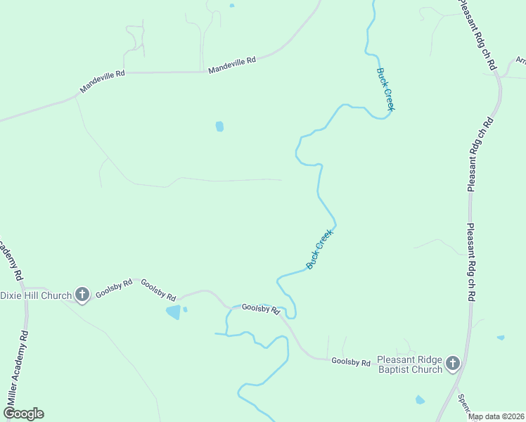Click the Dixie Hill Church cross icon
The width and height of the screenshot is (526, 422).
tap(82, 295)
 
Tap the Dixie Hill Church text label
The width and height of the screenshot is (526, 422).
tap(37, 295)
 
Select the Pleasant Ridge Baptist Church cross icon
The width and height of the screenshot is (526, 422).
tap(453, 364)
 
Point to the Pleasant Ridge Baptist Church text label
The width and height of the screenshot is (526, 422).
tap(410, 364)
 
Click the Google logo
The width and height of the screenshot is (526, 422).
tap(23, 414)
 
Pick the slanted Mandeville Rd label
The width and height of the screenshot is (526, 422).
tap(102, 81)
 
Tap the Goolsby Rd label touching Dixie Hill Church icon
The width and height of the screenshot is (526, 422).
tap(114, 288)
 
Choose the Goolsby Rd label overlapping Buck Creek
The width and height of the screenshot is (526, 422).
tap(261, 308)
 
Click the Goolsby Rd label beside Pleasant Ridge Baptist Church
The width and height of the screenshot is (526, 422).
tap(350, 362)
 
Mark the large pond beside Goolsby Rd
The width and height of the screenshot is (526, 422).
tap(172, 312)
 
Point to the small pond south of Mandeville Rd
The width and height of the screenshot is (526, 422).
tap(219, 127)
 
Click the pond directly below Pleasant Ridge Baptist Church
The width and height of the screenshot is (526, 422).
tap(420, 399)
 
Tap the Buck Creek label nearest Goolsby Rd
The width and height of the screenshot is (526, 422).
tap(319, 248)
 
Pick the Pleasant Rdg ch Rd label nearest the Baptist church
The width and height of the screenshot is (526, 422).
tap(471, 263)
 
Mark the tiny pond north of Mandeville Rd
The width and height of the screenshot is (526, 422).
tap(231, 6)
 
